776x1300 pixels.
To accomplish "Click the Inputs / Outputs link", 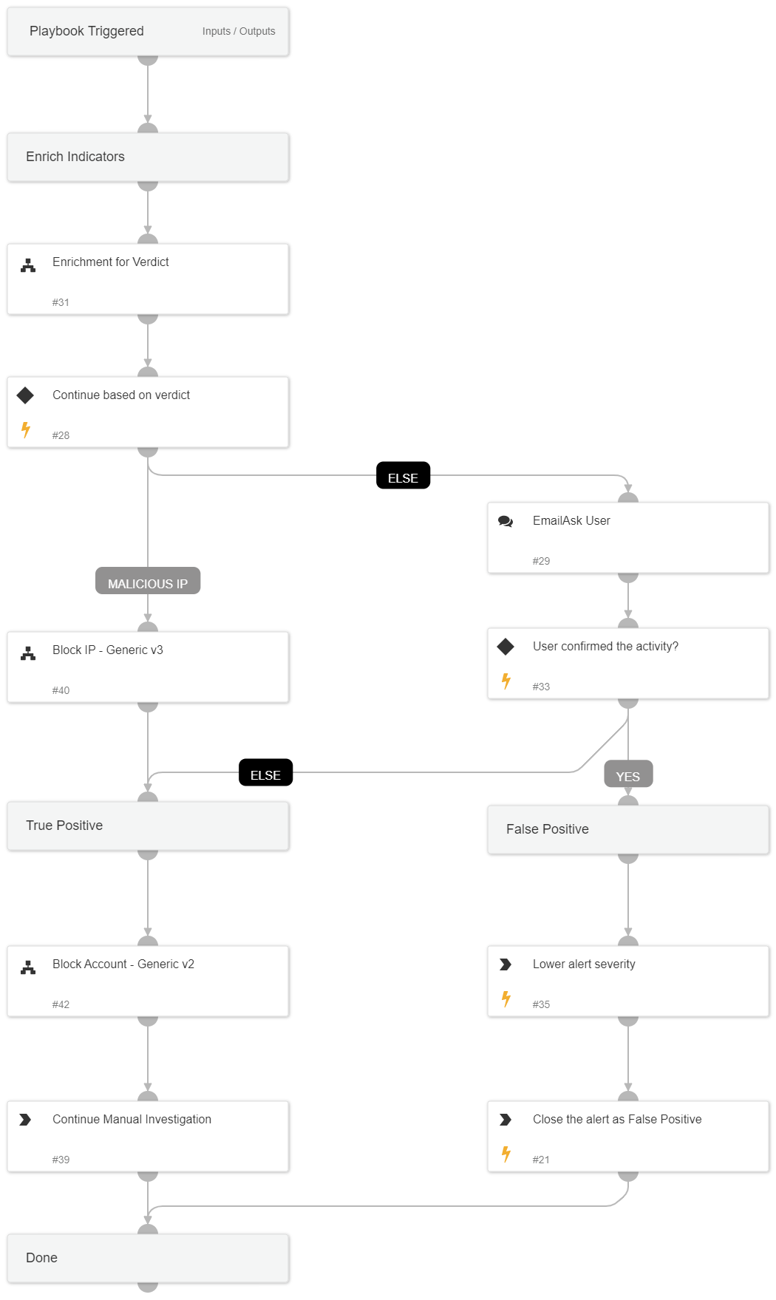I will click(238, 31).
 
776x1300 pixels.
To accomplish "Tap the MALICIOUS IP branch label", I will click(148, 582).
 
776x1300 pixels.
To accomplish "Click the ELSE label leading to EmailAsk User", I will click(403, 477).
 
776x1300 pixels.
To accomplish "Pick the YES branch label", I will click(627, 775).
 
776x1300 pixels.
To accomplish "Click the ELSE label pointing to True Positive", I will click(265, 774).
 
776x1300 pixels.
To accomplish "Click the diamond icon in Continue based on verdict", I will click(26, 395).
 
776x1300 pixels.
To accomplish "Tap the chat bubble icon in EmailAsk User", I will click(506, 521).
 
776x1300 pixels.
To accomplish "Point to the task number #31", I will click(61, 302).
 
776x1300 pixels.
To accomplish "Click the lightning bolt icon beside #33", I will click(506, 681).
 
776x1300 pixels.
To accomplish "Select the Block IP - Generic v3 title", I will click(108, 650).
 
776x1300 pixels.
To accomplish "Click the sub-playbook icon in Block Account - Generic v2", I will click(28, 967).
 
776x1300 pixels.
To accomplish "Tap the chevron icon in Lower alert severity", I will click(506, 964).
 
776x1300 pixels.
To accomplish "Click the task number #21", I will click(541, 1160).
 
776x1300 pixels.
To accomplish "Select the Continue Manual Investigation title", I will click(132, 1119).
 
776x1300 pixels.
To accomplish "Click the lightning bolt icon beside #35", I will click(506, 998).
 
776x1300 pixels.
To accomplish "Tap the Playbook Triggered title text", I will click(86, 31).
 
